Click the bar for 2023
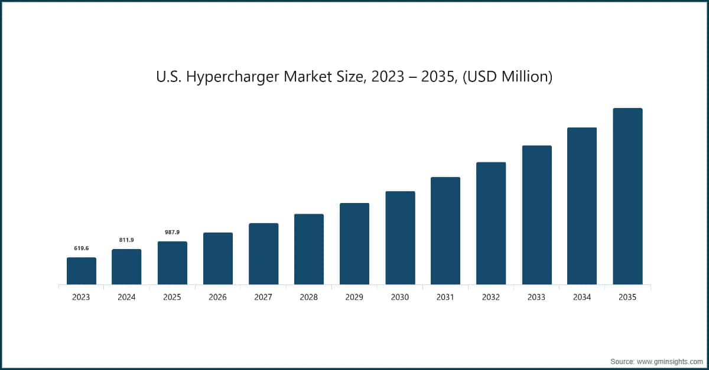[x=82, y=271]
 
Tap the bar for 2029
[x=354, y=244]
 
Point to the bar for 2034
[x=582, y=206]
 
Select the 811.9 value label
[x=126, y=240]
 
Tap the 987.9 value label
[x=172, y=233]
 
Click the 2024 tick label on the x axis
[x=126, y=297]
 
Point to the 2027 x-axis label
[x=263, y=297]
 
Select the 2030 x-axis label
[x=400, y=297]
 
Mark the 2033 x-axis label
[x=536, y=297]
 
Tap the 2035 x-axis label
[x=627, y=297]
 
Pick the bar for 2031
[x=445, y=231]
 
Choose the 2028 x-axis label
[x=309, y=297]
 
